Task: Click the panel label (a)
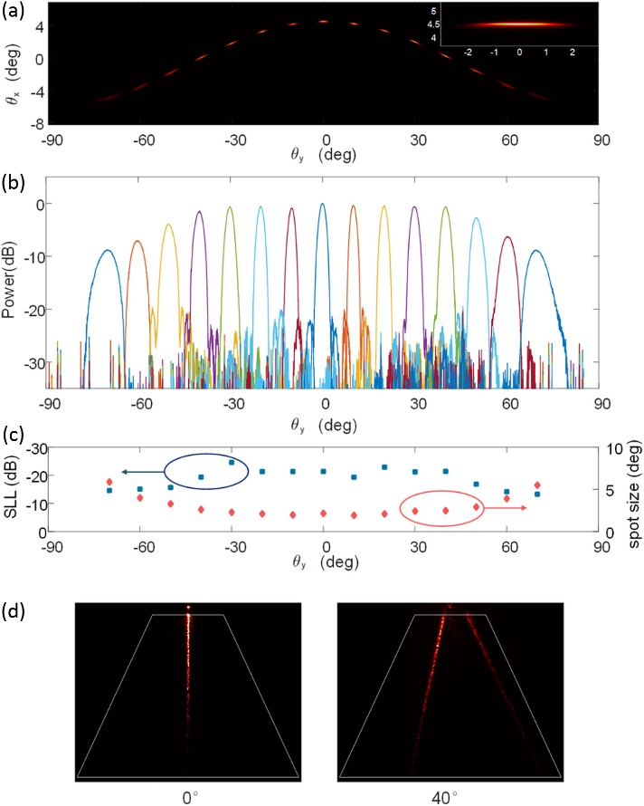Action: click(x=15, y=11)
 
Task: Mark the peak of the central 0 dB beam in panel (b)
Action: click(x=322, y=204)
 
